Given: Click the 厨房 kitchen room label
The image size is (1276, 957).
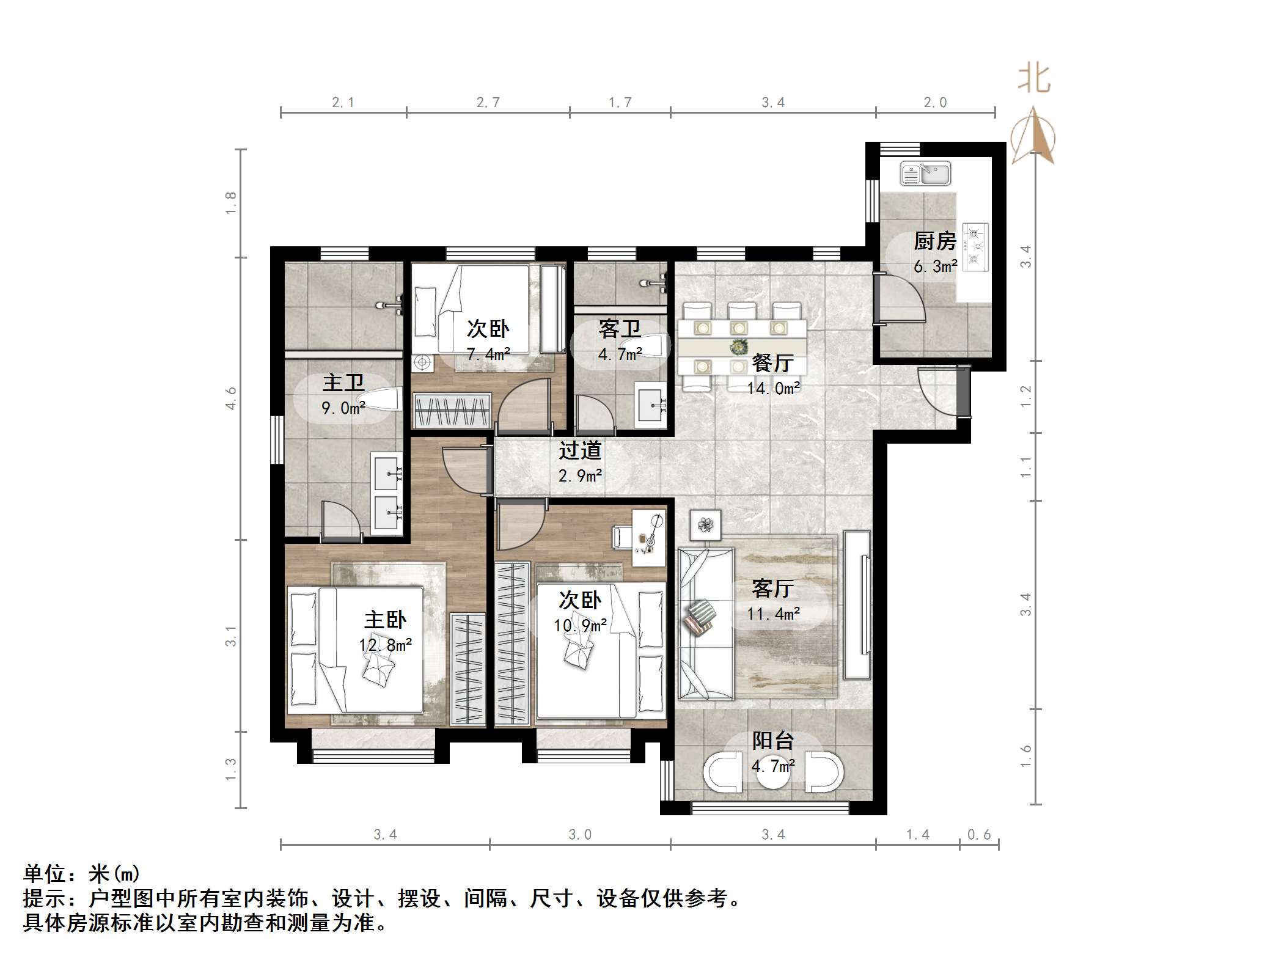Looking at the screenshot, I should tap(934, 241).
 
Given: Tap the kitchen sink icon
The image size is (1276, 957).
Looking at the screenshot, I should tap(925, 174).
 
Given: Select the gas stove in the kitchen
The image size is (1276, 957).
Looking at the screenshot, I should tap(975, 247).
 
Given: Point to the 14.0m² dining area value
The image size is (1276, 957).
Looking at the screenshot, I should tap(773, 388).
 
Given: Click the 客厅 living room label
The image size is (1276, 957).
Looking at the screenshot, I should tap(773, 588).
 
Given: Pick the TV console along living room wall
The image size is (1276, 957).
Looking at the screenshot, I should tap(857, 605).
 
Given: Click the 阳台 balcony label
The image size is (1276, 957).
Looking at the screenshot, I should tap(772, 741).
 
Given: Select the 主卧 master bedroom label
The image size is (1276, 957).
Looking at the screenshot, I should tap(385, 620).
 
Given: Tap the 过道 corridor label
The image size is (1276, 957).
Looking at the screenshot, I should tap(580, 451).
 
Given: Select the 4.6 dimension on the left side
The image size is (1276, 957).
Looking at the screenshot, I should tap(231, 398).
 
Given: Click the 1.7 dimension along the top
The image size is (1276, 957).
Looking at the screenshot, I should tap(620, 103).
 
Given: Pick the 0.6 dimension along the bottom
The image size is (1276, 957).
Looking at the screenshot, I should tap(978, 835).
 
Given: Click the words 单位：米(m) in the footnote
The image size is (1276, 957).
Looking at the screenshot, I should tap(82, 874).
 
